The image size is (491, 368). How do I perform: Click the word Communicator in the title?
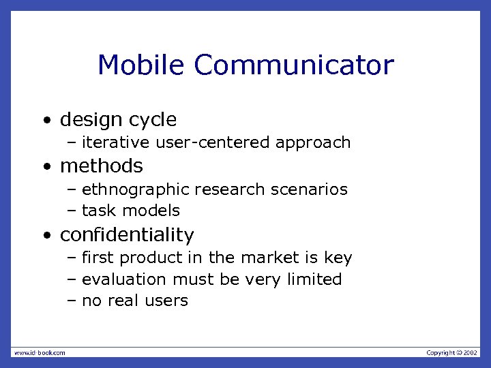point(294,65)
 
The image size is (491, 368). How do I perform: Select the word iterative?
point(116,142)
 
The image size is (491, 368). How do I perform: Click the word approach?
point(313,143)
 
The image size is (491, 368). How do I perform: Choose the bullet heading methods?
point(102,166)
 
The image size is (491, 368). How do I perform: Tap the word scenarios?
point(310,189)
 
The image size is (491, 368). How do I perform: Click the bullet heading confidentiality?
point(127,235)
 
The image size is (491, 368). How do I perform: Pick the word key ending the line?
point(339,258)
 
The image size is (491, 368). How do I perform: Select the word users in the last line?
point(166,301)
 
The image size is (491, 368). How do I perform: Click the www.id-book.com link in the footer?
point(40,352)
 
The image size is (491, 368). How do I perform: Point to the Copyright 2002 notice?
point(452,352)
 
